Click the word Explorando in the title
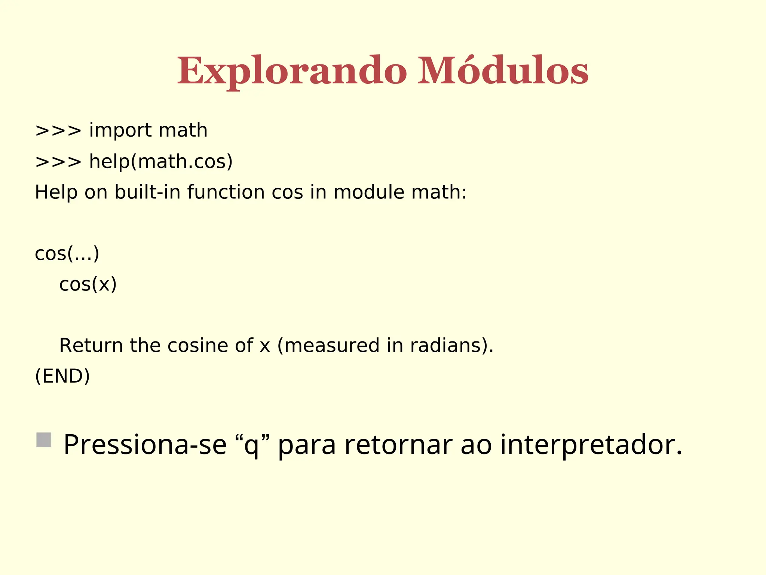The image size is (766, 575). click(292, 71)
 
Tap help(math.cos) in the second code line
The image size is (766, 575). click(161, 162)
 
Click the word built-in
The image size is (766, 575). click(147, 192)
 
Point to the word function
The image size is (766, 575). click(226, 192)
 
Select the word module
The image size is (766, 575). click(369, 192)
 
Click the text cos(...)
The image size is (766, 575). click(67, 253)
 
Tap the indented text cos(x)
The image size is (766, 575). click(88, 284)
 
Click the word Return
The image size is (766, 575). click(91, 345)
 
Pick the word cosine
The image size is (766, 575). click(197, 345)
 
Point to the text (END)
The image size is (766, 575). click(62, 376)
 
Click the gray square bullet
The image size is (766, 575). click(44, 440)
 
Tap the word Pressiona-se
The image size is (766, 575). click(145, 445)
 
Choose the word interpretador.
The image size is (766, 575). click(591, 445)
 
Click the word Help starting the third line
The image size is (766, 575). click(56, 192)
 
